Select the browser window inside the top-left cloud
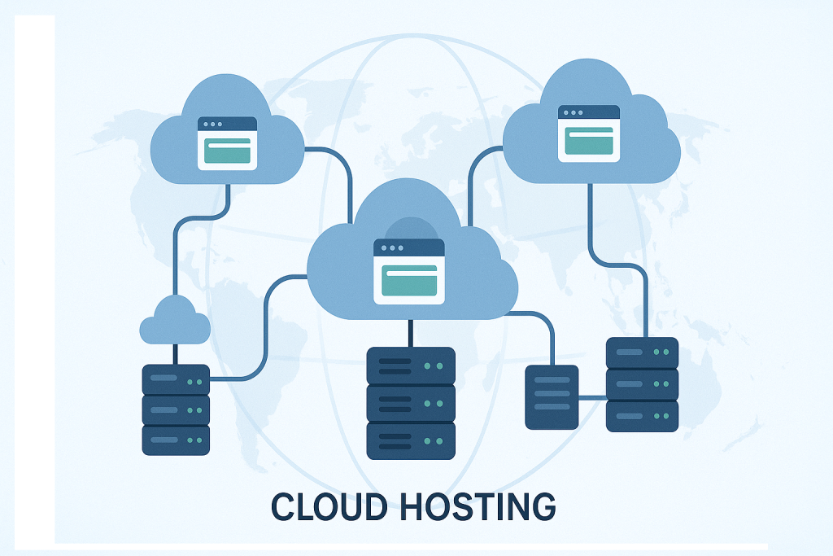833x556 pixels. [x=228, y=143]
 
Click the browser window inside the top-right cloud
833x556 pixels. [x=589, y=132]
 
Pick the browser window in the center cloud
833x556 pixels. [x=409, y=271]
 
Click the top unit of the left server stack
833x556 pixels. [x=176, y=379]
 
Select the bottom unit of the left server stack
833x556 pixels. [x=176, y=440]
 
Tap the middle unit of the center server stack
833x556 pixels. [x=411, y=403]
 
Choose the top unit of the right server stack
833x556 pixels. [x=642, y=352]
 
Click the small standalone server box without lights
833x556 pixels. [x=552, y=396]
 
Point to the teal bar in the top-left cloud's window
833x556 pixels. [x=228, y=151]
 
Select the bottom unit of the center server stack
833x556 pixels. [x=411, y=440]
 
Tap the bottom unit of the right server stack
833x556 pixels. [x=642, y=415]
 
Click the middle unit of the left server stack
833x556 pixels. [x=176, y=409]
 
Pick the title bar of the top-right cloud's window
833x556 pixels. [x=589, y=112]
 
